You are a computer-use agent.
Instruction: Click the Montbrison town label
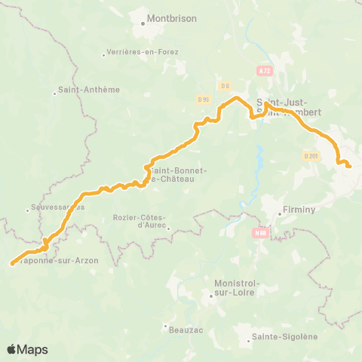167,13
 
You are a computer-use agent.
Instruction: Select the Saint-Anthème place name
90,89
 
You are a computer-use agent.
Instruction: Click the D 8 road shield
225,86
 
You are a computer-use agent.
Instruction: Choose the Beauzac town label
182,327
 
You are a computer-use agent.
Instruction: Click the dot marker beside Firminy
278,213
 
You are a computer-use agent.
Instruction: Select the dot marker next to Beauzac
164,327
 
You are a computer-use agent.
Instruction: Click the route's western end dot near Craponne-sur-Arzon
12,264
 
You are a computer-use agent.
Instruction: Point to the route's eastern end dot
349,167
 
